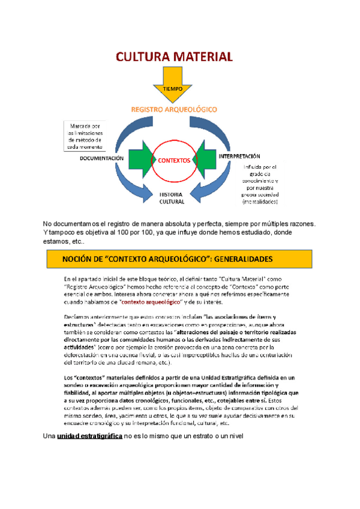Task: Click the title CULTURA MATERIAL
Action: click(173, 58)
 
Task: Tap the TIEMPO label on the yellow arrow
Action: click(173, 88)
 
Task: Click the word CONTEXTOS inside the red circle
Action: click(174, 161)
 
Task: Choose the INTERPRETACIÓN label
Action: click(243, 155)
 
